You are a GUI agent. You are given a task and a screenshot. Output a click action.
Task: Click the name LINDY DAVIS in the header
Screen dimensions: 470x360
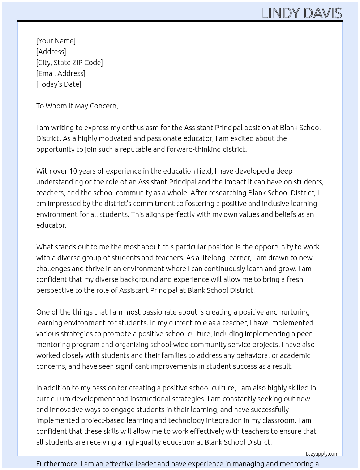point(301,13)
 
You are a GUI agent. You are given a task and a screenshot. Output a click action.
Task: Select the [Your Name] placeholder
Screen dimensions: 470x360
point(56,41)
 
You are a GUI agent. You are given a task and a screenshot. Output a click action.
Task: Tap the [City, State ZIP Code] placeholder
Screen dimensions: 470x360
point(69,63)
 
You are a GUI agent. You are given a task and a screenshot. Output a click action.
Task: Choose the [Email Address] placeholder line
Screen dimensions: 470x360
point(61,73)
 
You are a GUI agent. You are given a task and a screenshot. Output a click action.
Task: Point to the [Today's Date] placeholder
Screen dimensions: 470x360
point(59,84)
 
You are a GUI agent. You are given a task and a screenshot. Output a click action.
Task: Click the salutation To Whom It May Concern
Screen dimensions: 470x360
point(77,106)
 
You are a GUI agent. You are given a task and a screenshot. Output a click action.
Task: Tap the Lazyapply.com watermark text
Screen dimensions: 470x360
point(322,454)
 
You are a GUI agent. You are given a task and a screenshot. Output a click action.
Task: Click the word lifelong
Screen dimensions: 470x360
point(214,258)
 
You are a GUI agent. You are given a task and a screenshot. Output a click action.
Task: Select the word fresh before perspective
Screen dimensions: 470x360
point(294,279)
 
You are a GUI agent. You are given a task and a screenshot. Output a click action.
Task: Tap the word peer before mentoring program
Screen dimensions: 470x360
point(303,334)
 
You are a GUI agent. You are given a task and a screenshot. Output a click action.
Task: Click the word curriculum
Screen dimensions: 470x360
point(53,399)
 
